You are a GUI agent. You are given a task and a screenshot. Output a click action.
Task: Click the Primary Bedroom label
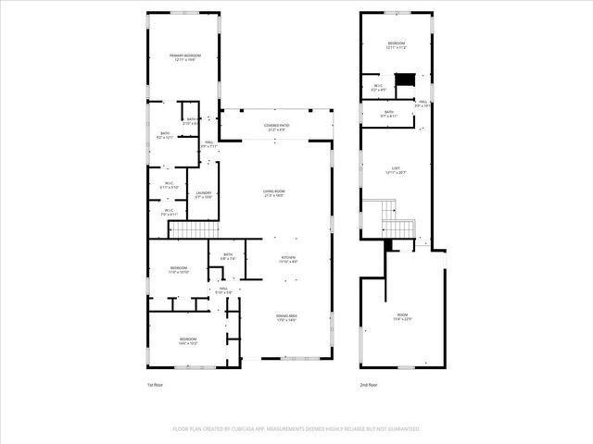tap(185, 58)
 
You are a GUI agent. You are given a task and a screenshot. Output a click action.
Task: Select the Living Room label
tap(273, 193)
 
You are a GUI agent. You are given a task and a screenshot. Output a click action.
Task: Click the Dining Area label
tap(286, 318)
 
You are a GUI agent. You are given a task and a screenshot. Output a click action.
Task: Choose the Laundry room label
tap(204, 195)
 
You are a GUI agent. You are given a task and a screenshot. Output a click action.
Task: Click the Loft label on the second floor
tap(396, 170)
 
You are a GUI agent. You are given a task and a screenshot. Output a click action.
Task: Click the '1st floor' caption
tap(157, 385)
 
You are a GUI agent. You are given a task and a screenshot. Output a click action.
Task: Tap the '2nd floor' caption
tap(370, 385)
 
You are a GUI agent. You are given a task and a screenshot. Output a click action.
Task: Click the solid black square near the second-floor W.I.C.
tap(403, 80)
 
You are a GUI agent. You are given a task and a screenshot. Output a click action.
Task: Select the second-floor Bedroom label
tap(396, 45)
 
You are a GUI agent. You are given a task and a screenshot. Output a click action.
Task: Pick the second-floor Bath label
tap(389, 114)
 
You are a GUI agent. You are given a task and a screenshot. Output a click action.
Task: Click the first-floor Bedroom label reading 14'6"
tap(188, 341)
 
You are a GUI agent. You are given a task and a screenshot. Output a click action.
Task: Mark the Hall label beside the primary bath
tap(209, 144)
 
